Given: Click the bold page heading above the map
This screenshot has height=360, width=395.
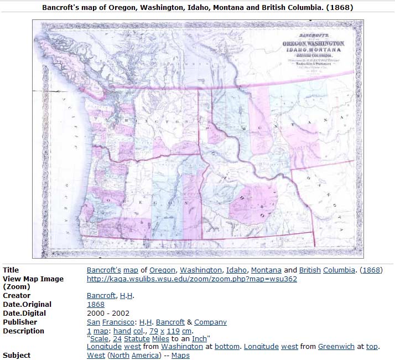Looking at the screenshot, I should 197,8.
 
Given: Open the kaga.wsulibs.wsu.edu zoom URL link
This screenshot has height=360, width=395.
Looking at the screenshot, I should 192,279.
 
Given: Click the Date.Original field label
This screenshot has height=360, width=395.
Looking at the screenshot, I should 27,305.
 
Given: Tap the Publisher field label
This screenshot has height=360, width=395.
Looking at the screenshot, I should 20,322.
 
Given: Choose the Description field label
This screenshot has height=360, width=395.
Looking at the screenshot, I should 24,331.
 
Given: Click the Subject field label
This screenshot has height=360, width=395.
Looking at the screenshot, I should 17,356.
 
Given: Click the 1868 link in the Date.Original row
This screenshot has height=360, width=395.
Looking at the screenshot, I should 96,305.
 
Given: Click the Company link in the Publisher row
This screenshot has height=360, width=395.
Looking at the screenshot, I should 210,322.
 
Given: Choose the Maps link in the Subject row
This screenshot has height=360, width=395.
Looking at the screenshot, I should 180,356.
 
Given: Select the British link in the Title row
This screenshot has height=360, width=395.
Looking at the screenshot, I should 310,270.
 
